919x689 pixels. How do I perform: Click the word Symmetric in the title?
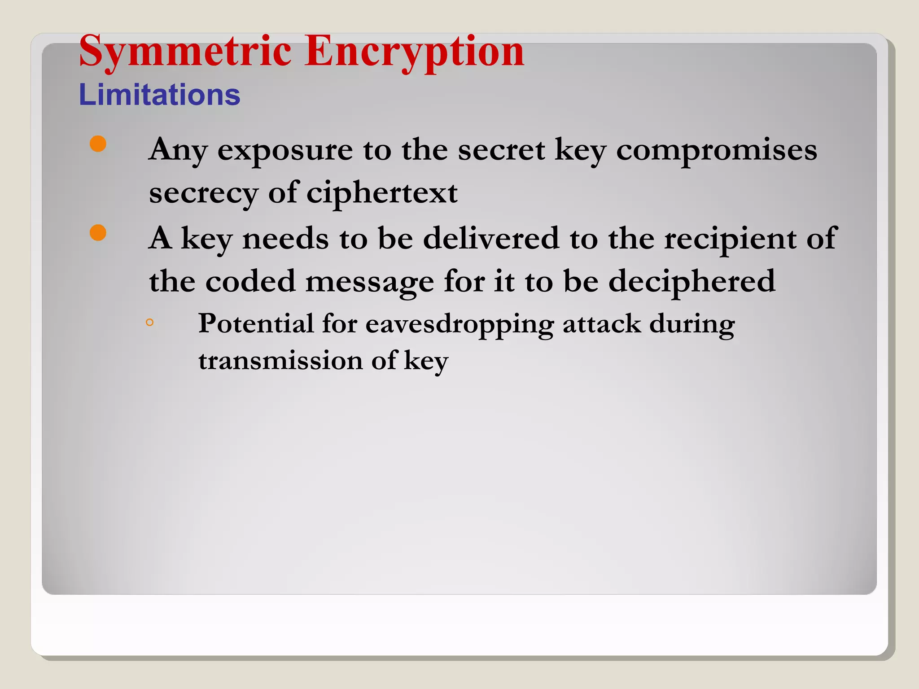(185, 51)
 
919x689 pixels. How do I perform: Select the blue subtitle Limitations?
(159, 95)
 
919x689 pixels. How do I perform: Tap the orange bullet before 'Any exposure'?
(98, 144)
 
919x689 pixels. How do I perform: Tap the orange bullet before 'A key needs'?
(98, 233)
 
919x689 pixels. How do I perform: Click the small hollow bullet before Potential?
(150, 322)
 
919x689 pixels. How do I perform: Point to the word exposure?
(285, 150)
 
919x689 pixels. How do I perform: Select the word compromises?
(716, 150)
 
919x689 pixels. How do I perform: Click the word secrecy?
(203, 193)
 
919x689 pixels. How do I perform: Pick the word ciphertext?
(382, 193)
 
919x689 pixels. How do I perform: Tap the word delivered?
(491, 238)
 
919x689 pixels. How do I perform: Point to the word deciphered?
(691, 281)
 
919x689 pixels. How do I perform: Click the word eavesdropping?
(459, 324)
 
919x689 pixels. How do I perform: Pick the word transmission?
(280, 360)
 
